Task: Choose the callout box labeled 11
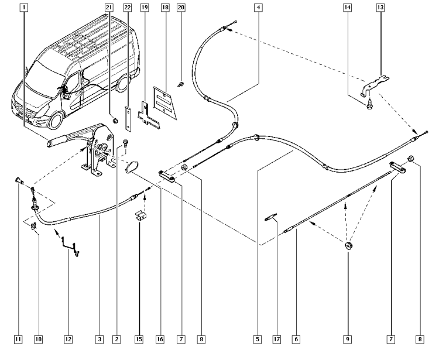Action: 18,339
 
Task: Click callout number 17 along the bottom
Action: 277,339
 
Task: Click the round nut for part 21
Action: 115,121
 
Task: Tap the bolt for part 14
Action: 369,106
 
